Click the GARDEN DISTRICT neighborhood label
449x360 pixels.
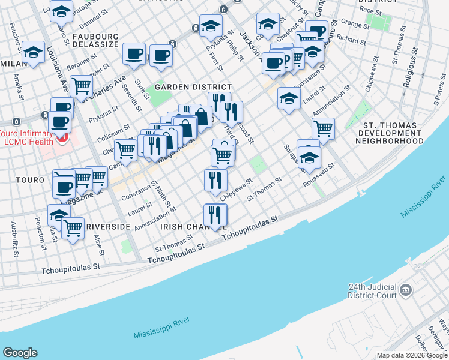[x=185, y=87]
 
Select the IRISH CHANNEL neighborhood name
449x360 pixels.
[x=183, y=227]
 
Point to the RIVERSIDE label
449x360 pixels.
[x=107, y=226]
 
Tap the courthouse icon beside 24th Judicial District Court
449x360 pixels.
[x=406, y=291]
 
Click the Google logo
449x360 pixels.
[x=20, y=353]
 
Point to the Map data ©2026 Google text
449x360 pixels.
[x=412, y=355]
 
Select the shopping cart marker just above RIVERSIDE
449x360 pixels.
[x=73, y=228]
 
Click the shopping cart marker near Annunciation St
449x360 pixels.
[x=323, y=128]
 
